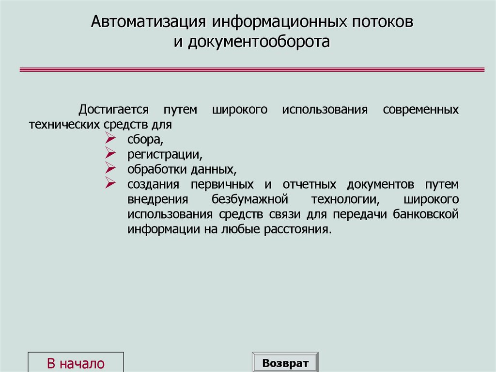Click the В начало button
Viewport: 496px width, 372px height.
click(x=76, y=363)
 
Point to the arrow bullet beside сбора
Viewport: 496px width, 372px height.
click(x=110, y=139)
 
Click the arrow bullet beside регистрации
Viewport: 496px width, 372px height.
click(x=110, y=154)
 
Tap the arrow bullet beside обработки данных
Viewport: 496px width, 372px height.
click(x=110, y=169)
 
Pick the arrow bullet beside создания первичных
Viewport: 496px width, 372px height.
click(x=110, y=184)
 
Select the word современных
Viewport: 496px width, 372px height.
click(x=420, y=110)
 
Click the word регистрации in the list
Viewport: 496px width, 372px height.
click(x=165, y=155)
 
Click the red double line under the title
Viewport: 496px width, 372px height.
click(x=252, y=70)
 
